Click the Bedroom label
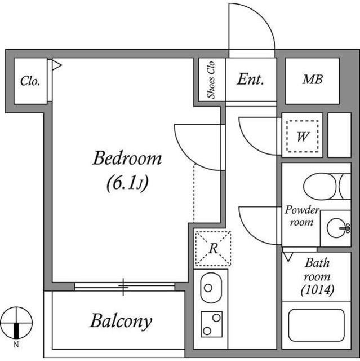click(x=127, y=159)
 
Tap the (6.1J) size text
click(x=127, y=183)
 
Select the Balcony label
click(x=121, y=322)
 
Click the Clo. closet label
click(x=30, y=81)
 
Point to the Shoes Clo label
click(x=212, y=80)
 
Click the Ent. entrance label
click(x=250, y=80)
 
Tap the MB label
click(x=312, y=80)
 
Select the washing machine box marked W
click(x=302, y=136)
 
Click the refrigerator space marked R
click(x=213, y=248)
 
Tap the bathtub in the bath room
click(x=315, y=325)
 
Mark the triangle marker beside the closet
click(x=56, y=65)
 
